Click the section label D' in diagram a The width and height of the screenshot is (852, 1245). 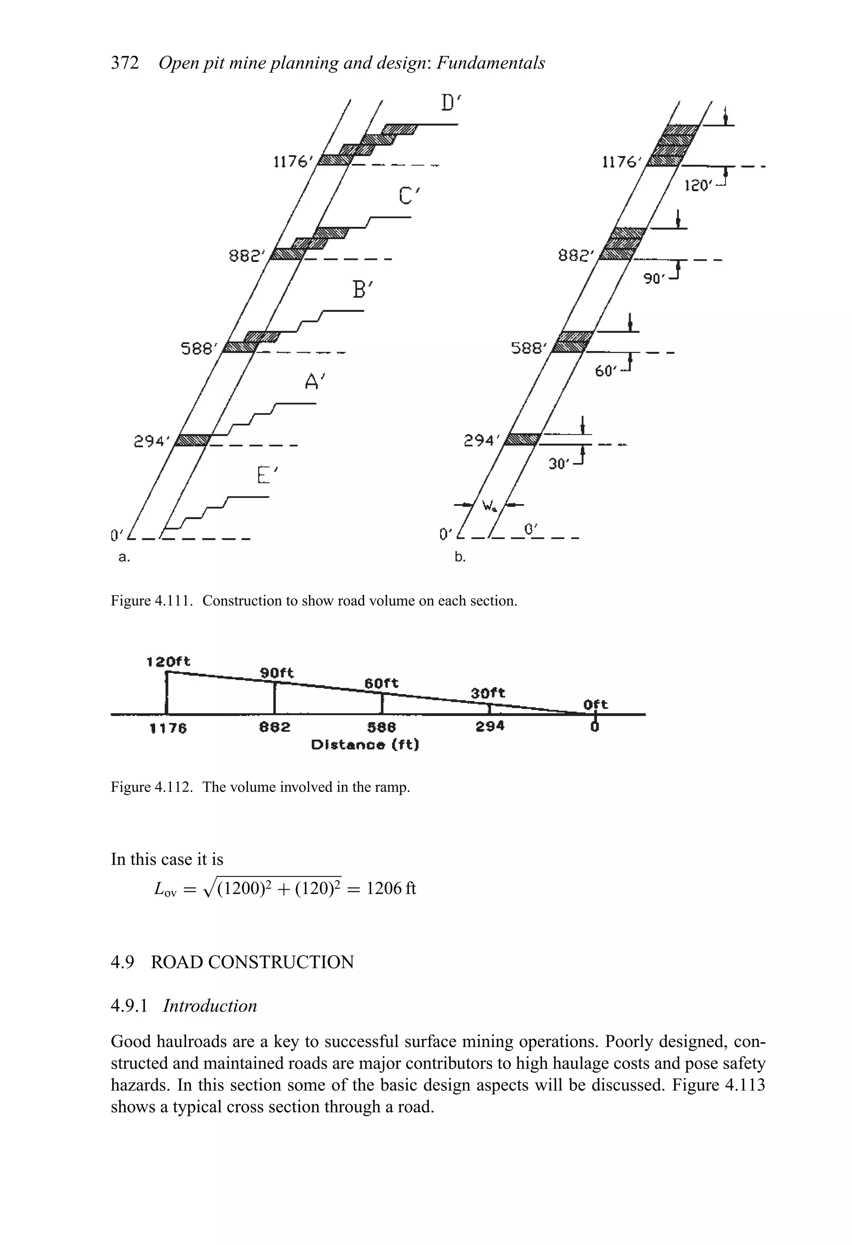click(x=451, y=102)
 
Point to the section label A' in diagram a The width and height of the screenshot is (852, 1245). click(x=315, y=381)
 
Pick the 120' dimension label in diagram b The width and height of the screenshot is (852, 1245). click(x=698, y=186)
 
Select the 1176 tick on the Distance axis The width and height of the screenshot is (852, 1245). click(x=168, y=728)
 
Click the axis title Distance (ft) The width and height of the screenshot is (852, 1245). click(x=365, y=745)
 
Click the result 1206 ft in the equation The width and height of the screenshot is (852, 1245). click(x=391, y=888)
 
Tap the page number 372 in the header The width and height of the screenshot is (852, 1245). click(x=124, y=63)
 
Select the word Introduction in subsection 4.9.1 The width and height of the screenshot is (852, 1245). click(x=210, y=1005)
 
